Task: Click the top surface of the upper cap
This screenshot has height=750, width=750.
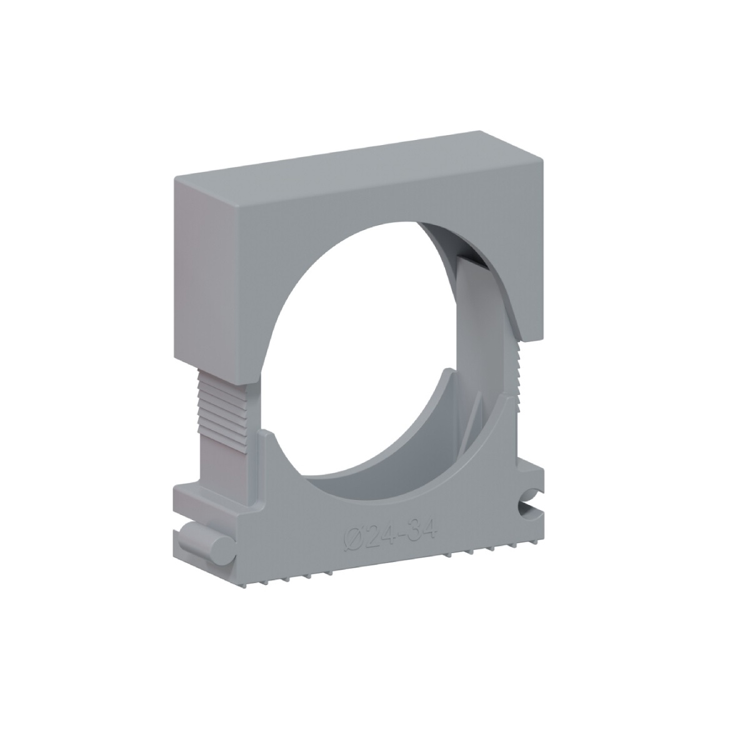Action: (x=357, y=161)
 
